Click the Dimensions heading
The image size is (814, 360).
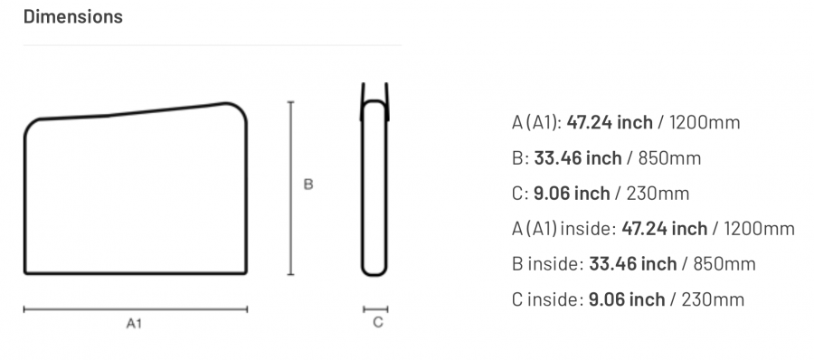point(73,16)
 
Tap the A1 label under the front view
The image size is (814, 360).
point(134,324)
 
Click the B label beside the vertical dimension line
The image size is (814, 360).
point(308,185)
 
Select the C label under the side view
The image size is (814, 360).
point(378,323)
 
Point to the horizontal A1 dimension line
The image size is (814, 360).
point(136,309)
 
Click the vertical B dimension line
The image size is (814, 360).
point(290,188)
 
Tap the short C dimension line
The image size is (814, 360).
point(375,309)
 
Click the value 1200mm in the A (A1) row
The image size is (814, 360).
point(705,123)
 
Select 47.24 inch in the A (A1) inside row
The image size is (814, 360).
point(664,229)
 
